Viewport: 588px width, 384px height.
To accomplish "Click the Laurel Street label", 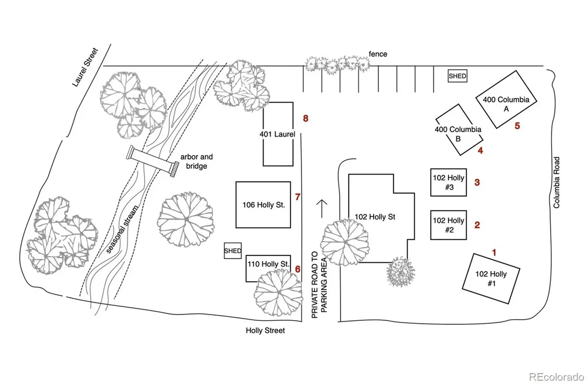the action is (x=85, y=67).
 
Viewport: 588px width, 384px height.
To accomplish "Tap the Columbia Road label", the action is (x=556, y=183).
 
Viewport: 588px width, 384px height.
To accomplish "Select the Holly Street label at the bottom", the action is (x=265, y=331).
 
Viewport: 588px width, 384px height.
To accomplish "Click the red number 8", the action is (x=305, y=118).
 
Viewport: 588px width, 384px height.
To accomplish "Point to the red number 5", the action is (x=517, y=126).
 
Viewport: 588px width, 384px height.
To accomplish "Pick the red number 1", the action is (x=494, y=253).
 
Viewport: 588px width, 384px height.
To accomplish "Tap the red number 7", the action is (x=298, y=197).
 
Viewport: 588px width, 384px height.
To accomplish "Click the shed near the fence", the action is (x=458, y=76).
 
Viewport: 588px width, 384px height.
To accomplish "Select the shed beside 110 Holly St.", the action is (x=233, y=250).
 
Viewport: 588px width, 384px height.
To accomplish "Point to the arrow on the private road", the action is (x=322, y=208).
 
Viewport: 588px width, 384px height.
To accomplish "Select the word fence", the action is (x=378, y=54).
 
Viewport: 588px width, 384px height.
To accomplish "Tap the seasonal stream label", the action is (x=122, y=230).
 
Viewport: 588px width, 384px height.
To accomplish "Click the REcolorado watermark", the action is (x=556, y=376).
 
